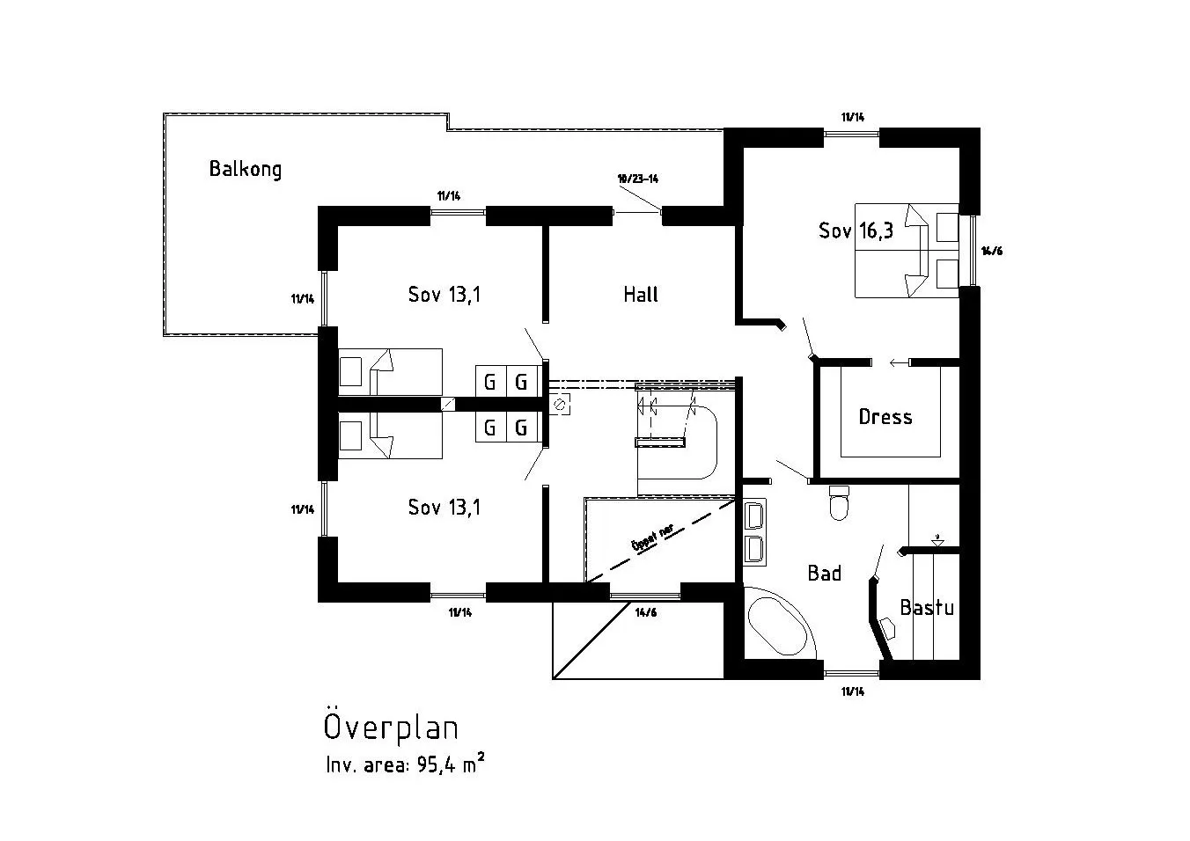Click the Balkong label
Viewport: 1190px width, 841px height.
[x=245, y=169]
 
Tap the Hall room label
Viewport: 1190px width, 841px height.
[x=640, y=295]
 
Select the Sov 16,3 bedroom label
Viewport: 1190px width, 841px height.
[x=856, y=231]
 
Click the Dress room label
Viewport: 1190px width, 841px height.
[x=885, y=417]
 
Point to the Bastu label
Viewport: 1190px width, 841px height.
[x=926, y=608]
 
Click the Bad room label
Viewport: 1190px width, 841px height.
[x=824, y=574]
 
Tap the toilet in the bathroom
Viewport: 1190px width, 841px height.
[x=839, y=503]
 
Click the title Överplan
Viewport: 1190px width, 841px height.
[x=391, y=728]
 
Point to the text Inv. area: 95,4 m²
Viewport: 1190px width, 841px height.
[x=404, y=764]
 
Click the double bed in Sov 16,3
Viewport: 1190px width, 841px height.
[x=906, y=251]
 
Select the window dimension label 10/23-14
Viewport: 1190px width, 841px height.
[x=638, y=179]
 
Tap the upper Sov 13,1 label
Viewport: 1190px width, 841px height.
[x=444, y=295]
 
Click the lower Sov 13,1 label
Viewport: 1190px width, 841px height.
[x=444, y=508]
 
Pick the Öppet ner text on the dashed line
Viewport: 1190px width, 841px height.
[x=652, y=537]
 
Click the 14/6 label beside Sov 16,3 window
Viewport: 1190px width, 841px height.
[x=992, y=251]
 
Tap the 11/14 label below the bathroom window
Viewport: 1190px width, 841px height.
[x=852, y=691]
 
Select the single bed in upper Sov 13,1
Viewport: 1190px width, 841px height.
[x=390, y=371]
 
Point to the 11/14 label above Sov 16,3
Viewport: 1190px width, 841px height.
[x=852, y=117]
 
